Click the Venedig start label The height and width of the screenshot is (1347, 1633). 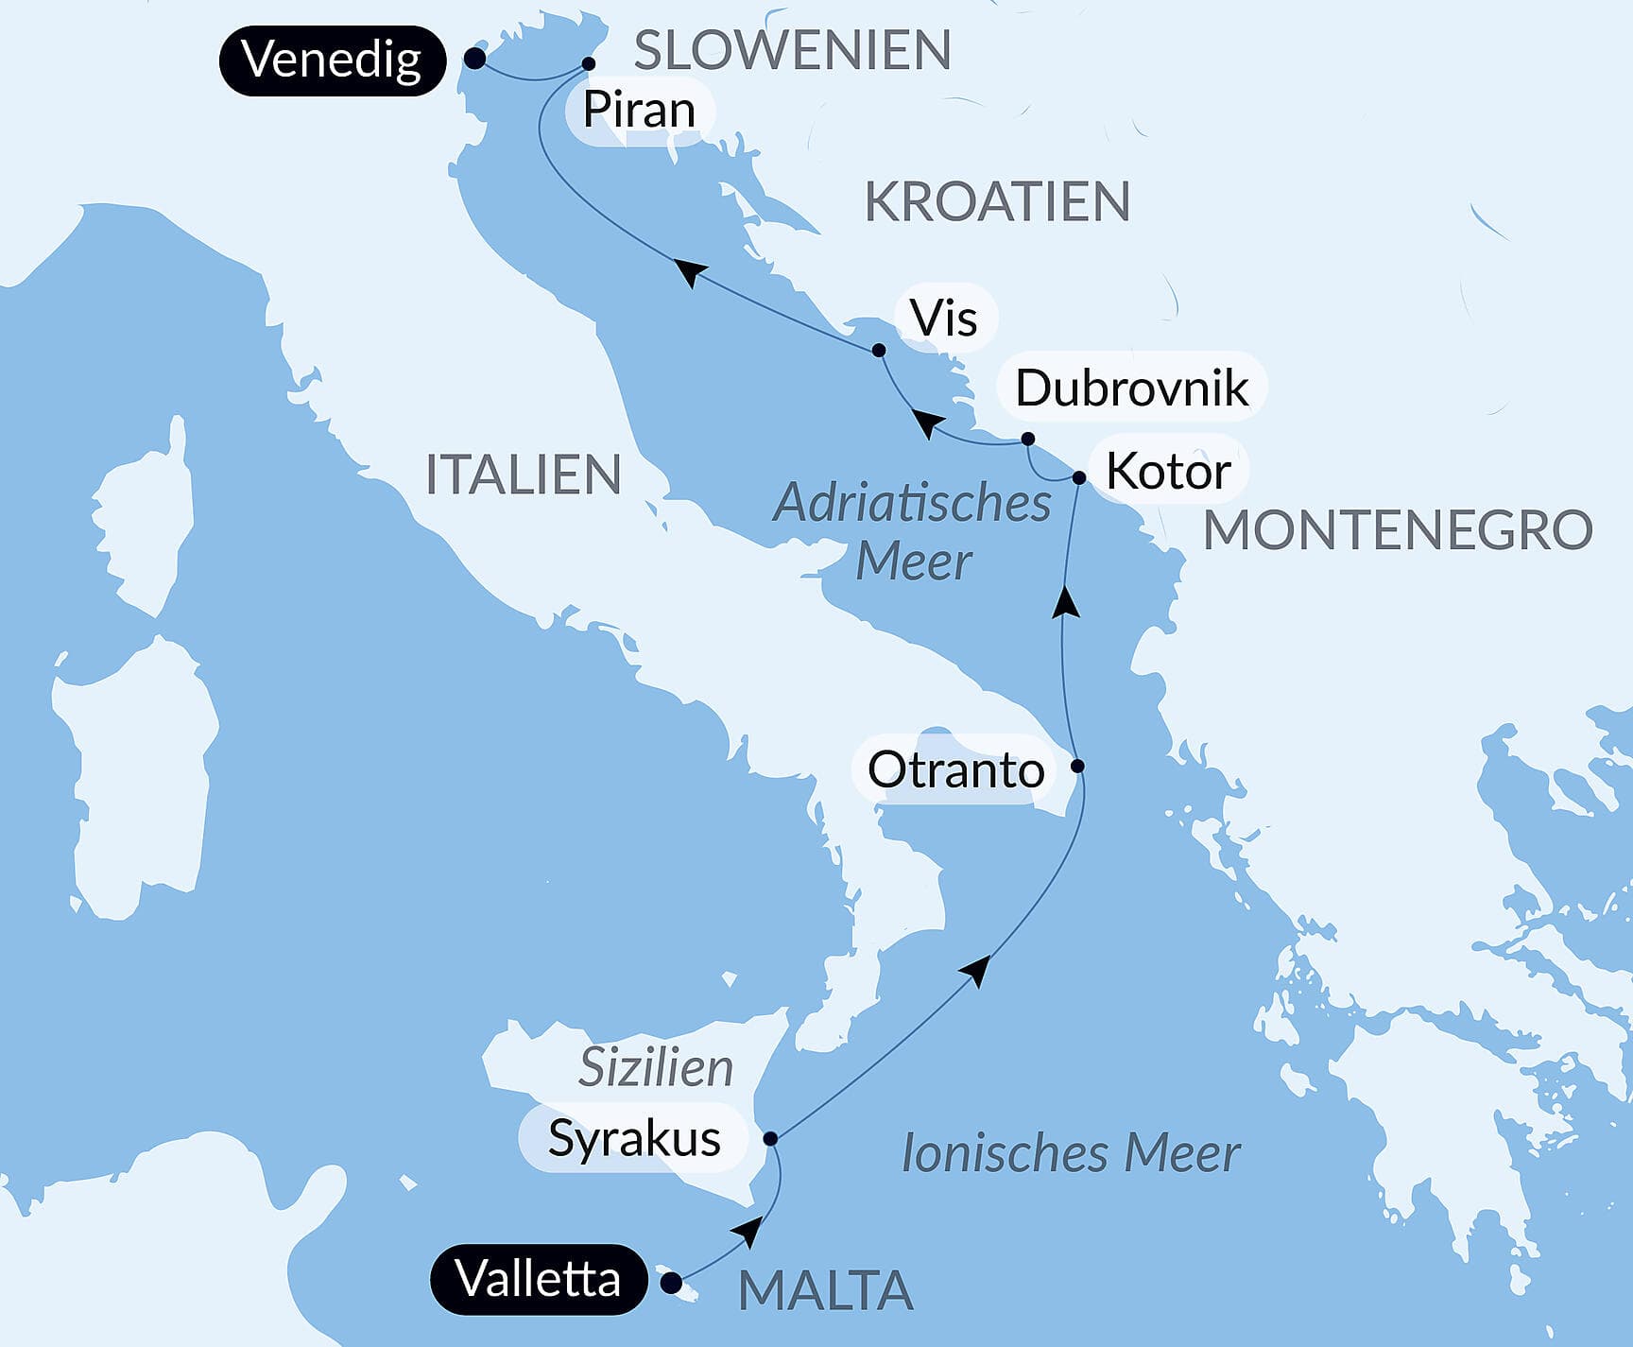pyautogui.click(x=332, y=60)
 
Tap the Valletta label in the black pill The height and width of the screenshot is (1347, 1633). pyautogui.click(x=538, y=1280)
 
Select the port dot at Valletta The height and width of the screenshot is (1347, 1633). pyautogui.click(x=670, y=1283)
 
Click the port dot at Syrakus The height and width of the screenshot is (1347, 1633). pyautogui.click(x=770, y=1138)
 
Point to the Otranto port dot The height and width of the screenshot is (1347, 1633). pyautogui.click(x=1076, y=766)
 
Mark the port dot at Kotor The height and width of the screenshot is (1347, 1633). pyautogui.click(x=1079, y=477)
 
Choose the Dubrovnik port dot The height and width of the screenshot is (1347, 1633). pyautogui.click(x=1028, y=439)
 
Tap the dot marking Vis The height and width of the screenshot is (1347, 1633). pyautogui.click(x=879, y=350)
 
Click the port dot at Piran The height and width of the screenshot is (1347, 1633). pyautogui.click(x=588, y=64)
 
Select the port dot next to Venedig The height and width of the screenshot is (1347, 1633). pyautogui.click(x=475, y=60)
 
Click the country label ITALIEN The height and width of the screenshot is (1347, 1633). pyautogui.click(x=523, y=475)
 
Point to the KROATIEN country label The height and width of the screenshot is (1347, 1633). pyautogui.click(x=997, y=201)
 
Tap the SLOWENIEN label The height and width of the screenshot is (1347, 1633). pyautogui.click(x=792, y=50)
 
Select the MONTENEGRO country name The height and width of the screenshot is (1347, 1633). pyautogui.click(x=1398, y=529)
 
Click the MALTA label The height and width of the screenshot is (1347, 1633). pyautogui.click(x=825, y=1291)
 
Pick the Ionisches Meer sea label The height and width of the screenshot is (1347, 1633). pyautogui.click(x=1071, y=1153)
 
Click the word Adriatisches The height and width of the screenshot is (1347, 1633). pyautogui.click(x=912, y=503)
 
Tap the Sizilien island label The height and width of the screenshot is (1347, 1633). pyautogui.click(x=656, y=1068)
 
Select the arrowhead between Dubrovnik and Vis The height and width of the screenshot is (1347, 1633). pyautogui.click(x=925, y=423)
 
